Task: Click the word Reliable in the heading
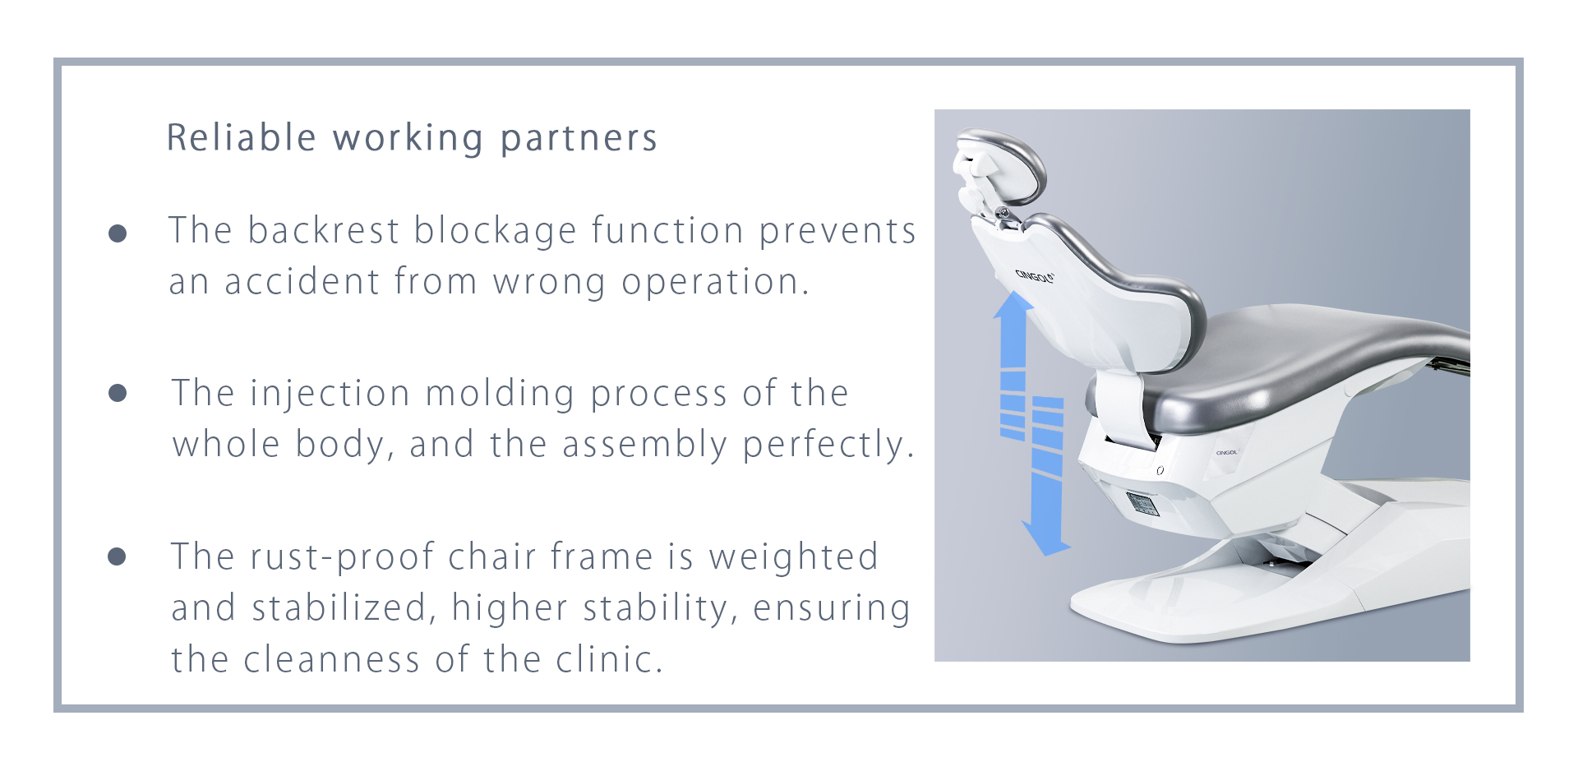pos(242,138)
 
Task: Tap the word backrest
pos(324,230)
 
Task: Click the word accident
pos(302,282)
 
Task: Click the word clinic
pos(609,660)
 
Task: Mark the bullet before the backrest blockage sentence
pos(118,233)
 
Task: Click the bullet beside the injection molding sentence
pos(118,393)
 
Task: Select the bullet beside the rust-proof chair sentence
pos(117,557)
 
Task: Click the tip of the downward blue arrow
pos(1047,555)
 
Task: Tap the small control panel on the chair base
pos(1143,504)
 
